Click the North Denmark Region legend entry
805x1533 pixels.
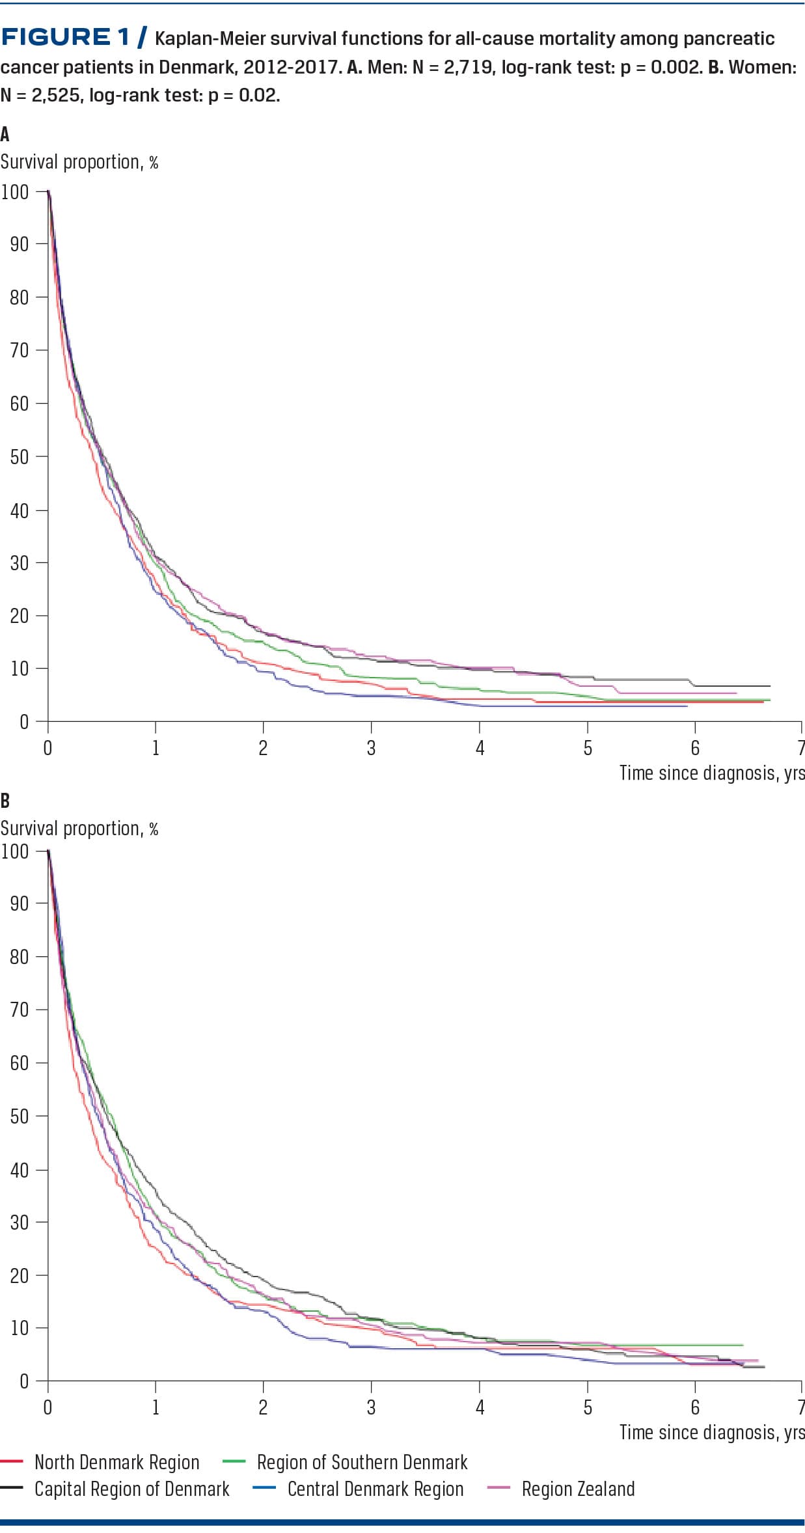116,1462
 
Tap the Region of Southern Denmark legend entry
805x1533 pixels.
362,1462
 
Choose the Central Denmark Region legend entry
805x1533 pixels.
375,1489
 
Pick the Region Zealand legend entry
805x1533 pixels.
578,1489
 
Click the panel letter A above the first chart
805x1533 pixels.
5,134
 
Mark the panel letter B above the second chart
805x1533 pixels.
5,800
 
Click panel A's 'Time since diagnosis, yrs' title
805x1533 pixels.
711,773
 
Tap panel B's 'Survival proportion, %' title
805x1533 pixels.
79,829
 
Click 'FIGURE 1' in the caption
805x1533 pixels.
65,37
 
